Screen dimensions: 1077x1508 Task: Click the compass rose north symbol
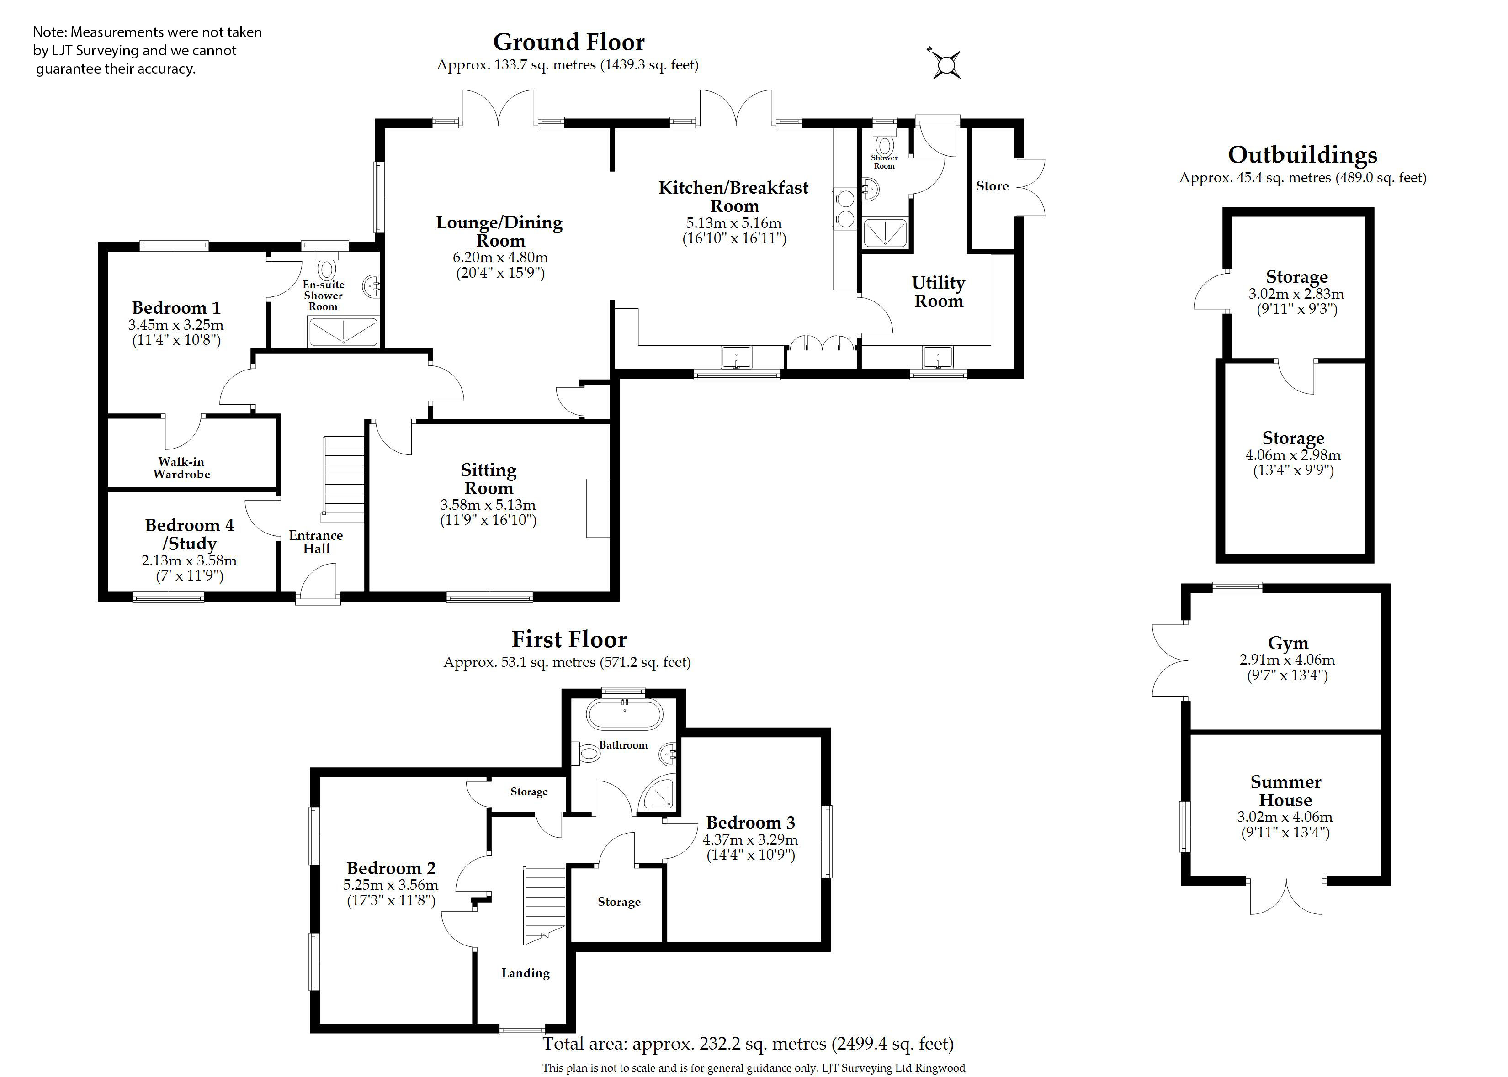coord(945,65)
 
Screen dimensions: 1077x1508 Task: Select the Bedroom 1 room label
coord(176,308)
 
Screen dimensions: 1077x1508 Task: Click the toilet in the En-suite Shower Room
coord(326,268)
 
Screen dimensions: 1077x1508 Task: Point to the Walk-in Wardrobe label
coord(182,468)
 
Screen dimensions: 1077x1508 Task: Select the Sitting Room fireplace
coord(598,508)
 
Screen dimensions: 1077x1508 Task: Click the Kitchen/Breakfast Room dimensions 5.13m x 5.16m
coord(734,223)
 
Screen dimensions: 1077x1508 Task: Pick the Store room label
coord(992,186)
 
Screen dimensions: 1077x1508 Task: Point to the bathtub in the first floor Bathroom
coord(624,716)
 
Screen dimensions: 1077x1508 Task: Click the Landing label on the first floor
coord(526,973)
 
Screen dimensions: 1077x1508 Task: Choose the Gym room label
coord(1288,643)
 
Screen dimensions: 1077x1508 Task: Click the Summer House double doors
coord(1286,897)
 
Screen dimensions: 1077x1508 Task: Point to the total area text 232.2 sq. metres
coord(748,1044)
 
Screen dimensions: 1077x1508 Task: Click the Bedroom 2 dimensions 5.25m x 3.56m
coord(391,885)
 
